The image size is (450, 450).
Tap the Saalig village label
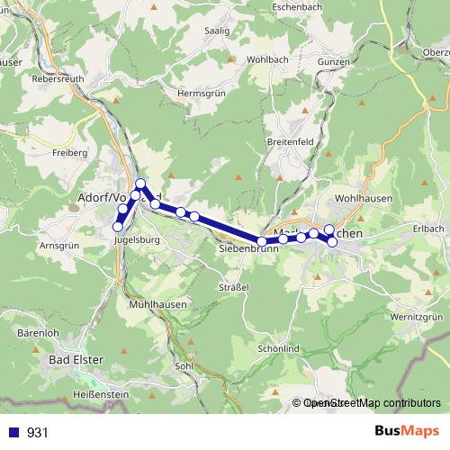coord(217,31)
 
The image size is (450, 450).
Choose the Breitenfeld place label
coord(291,141)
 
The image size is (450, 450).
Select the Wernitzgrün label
coord(420,317)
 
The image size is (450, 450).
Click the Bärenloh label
coord(39,333)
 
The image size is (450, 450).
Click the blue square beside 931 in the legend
coord(13,432)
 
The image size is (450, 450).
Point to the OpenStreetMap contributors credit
coord(369,404)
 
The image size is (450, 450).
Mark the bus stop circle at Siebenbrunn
coord(262,241)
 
